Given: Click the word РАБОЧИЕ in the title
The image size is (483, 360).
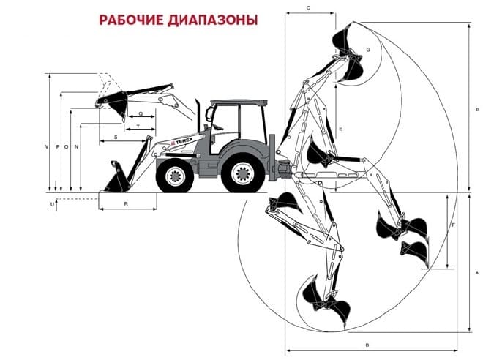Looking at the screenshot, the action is click(132, 20).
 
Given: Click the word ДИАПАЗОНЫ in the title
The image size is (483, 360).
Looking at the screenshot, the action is click(213, 20).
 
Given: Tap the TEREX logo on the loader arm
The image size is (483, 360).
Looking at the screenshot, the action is click(182, 142).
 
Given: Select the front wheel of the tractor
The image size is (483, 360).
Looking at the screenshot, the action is click(175, 176).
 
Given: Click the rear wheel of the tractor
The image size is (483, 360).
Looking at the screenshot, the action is click(243, 173).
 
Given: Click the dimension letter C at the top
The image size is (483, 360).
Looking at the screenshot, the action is click(308, 8).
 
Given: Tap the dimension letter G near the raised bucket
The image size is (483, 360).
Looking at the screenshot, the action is click(368, 49).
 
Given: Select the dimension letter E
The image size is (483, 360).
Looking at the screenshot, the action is click(341, 129).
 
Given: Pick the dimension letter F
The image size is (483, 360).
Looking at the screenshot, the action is click(454, 225).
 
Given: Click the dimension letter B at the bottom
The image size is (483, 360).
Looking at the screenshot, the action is click(367, 345).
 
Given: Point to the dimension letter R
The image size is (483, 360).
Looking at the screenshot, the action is click(126, 204).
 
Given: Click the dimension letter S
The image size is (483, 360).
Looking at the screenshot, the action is click(116, 138).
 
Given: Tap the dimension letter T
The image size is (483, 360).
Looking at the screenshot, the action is click(138, 127).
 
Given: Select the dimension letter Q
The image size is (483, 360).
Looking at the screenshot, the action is click(141, 113).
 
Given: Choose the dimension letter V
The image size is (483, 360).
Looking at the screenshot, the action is click(47, 147).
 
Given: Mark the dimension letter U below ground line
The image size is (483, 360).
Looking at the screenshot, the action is click(52, 204).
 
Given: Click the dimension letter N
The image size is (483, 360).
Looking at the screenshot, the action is click(77, 147).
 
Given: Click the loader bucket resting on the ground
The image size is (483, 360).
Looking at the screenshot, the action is click(117, 178).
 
